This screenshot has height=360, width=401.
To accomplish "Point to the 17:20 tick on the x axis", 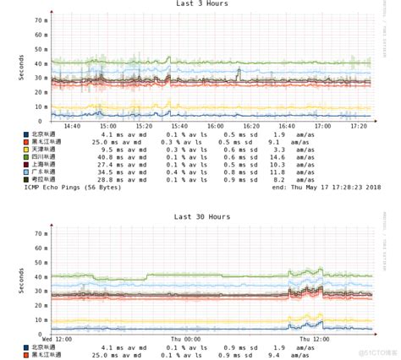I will [x=359, y=124].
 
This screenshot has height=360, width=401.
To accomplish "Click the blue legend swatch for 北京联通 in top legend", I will [x=26, y=134].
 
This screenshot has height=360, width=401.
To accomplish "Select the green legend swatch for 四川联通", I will [x=26, y=156].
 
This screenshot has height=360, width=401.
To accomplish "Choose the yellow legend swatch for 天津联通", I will [x=26, y=149].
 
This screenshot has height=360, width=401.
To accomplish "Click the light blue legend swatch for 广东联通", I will [x=26, y=172].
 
